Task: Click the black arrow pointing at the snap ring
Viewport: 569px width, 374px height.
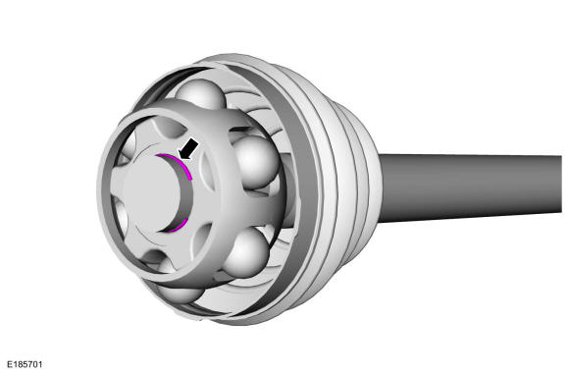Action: point(189,149)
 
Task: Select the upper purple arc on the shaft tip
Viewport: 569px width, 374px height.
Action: point(178,162)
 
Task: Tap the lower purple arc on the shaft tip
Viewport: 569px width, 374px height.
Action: point(178,226)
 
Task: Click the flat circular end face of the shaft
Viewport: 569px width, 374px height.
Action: point(152,194)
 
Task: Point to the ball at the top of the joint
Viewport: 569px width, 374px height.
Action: point(201,95)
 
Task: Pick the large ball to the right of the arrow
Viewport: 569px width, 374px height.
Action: point(256,162)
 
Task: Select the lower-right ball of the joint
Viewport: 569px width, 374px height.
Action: point(247,250)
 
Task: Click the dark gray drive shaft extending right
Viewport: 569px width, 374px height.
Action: point(471,187)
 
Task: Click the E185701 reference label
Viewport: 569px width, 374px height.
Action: point(25,364)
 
